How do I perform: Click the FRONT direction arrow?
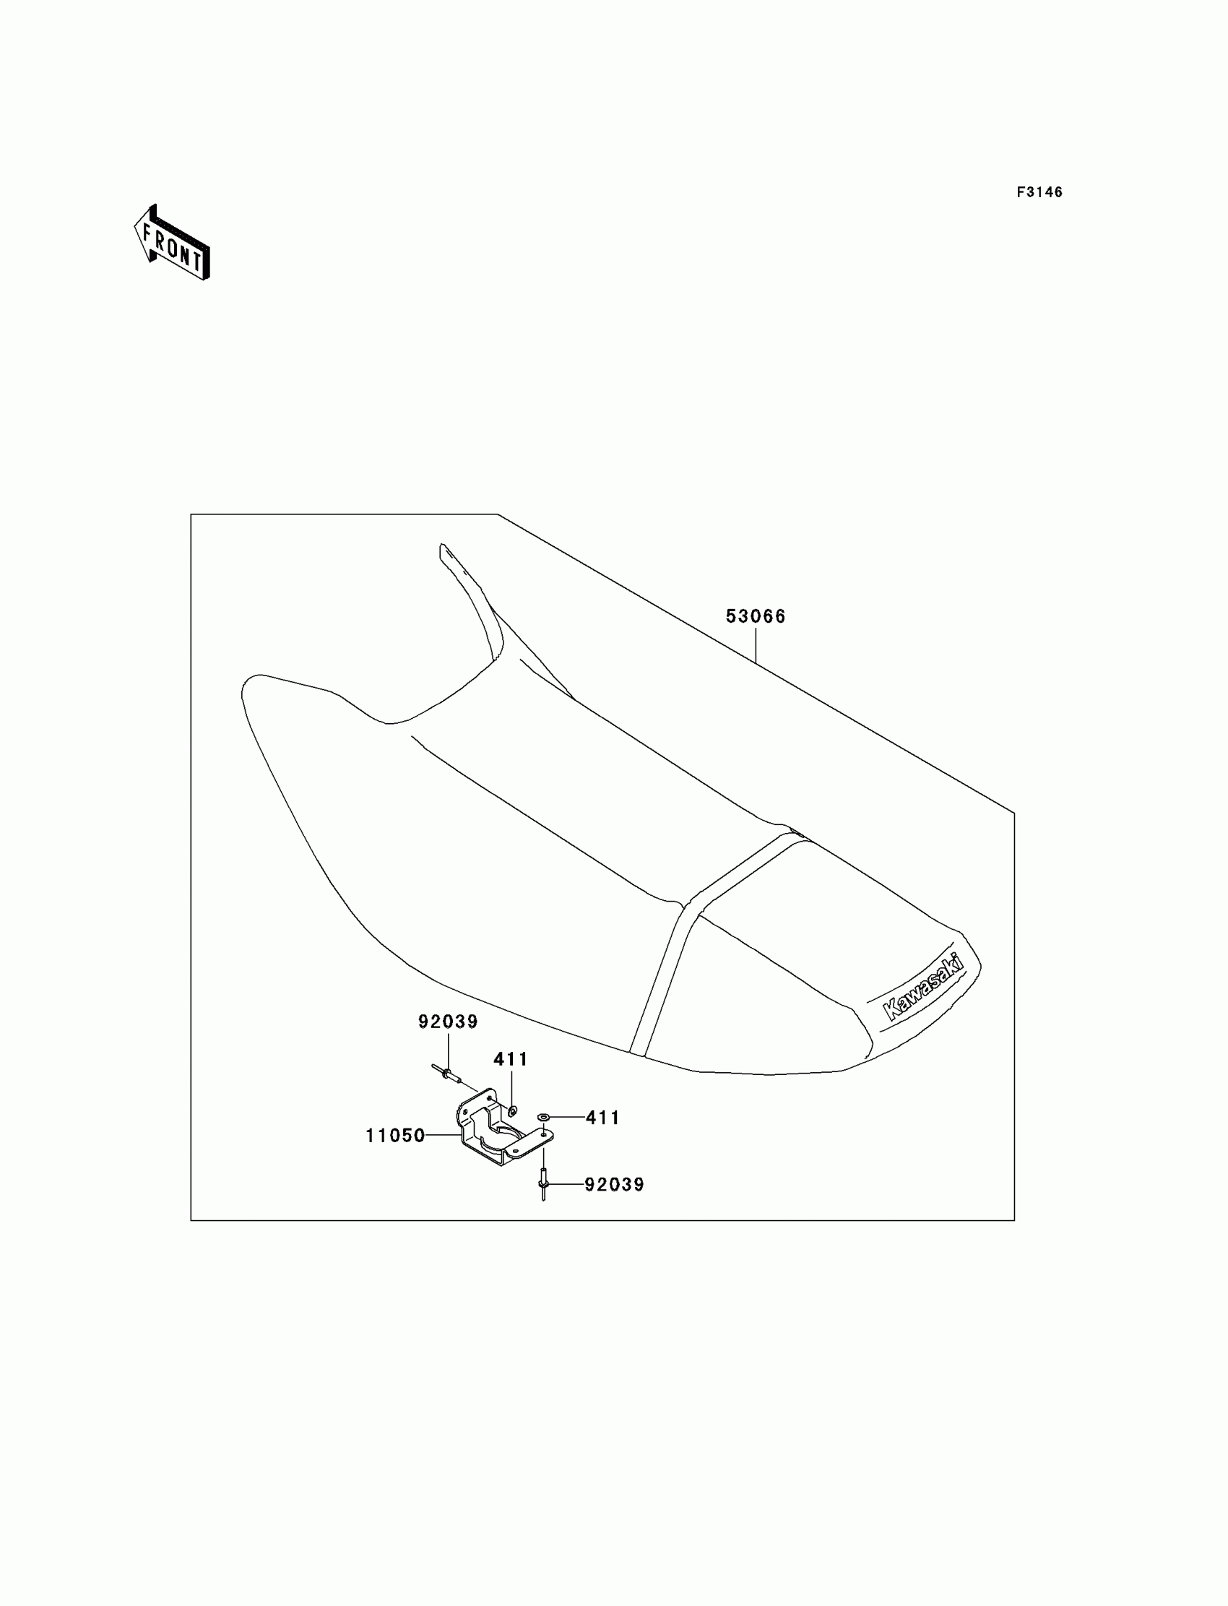173,244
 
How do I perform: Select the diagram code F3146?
1039,192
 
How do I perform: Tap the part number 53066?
755,617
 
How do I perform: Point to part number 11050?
394,1135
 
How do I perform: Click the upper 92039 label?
447,1022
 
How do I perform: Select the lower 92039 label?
614,1185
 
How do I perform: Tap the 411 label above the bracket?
510,1059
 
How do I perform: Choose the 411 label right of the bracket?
602,1118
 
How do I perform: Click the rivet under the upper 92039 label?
446,1074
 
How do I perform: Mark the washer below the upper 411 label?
511,1111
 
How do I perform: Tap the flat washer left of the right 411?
543,1118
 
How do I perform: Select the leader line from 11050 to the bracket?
443,1135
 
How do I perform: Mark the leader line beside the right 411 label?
567,1118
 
